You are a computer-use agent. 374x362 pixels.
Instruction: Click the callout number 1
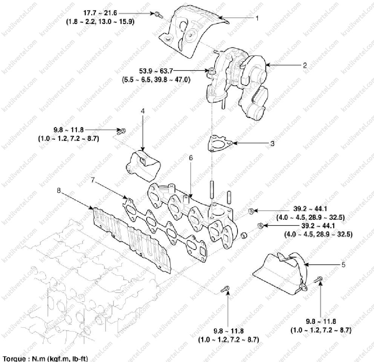257,18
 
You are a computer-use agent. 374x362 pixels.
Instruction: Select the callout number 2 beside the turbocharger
305,65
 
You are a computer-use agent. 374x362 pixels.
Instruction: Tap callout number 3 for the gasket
272,143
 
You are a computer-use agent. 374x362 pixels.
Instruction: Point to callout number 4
143,111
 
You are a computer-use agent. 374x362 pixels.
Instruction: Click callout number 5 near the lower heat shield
343,265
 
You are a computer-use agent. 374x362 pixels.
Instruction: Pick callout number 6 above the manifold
190,158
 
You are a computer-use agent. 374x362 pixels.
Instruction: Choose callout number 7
93,180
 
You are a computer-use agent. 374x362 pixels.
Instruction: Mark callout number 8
59,190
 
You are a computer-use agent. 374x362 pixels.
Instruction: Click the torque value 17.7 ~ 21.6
100,13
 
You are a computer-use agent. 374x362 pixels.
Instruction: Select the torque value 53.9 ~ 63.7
156,71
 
